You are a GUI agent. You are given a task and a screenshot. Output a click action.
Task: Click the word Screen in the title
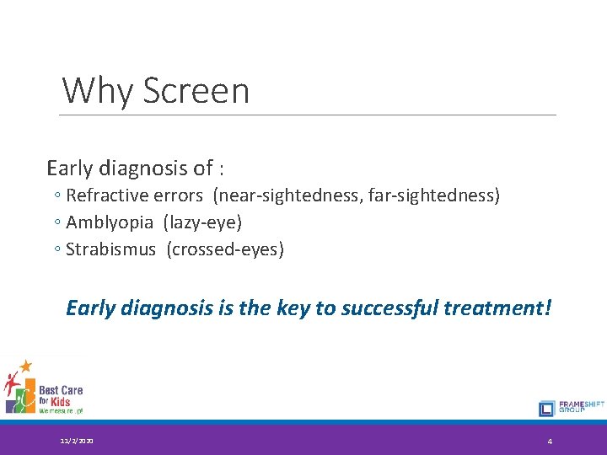[196, 90]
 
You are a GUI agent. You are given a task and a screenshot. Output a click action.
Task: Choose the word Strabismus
[110, 250]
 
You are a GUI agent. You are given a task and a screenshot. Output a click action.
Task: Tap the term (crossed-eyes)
[226, 250]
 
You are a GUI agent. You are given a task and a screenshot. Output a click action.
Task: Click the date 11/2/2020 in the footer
[78, 441]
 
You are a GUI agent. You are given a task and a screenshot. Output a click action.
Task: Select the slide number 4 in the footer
[550, 442]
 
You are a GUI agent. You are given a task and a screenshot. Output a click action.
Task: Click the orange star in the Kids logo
[26, 366]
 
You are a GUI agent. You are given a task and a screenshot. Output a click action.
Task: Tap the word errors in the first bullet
[180, 195]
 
